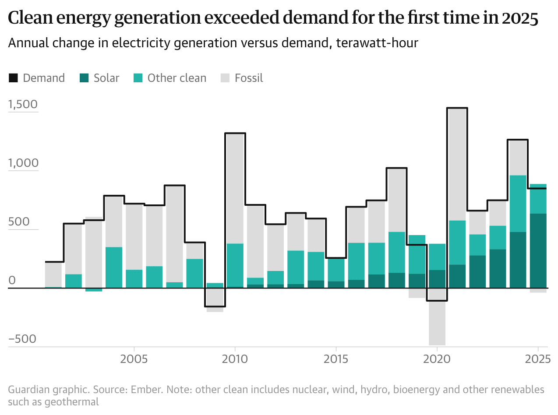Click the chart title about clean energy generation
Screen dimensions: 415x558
pos(273,18)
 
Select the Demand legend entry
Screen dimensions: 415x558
pos(37,78)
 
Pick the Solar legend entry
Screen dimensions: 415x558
pos(99,78)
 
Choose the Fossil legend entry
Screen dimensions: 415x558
pos(242,78)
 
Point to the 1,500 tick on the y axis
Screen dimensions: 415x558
pos(23,105)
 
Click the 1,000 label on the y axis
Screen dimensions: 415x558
pos(23,164)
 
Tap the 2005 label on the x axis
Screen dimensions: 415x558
pos(134,359)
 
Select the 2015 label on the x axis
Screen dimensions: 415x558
pos(336,359)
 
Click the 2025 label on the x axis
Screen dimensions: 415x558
pos(538,359)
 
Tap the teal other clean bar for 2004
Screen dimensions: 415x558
pos(114,267)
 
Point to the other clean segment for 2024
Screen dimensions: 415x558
pos(518,204)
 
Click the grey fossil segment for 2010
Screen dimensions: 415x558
pos(235,188)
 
